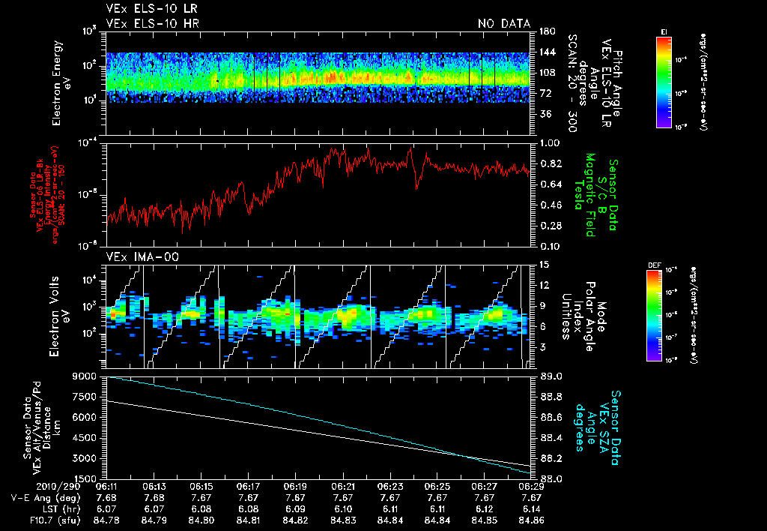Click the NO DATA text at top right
504,23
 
